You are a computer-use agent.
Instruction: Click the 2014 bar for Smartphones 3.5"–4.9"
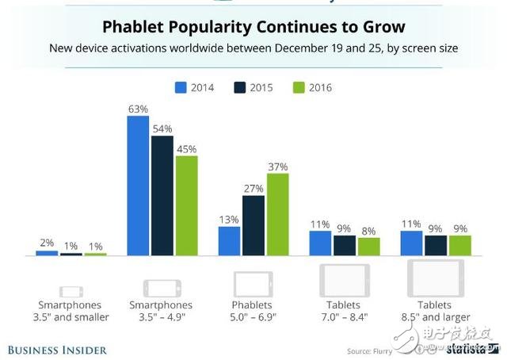pyautogui.click(x=139, y=186)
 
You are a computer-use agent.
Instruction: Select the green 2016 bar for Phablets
pyautogui.click(x=278, y=214)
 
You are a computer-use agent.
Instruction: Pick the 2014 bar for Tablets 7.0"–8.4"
pyautogui.click(x=320, y=243)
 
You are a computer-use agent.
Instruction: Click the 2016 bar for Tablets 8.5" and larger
pyautogui.click(x=459, y=246)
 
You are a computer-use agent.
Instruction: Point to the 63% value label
pyautogui.click(x=139, y=107)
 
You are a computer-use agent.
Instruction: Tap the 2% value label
pyautogui.click(x=47, y=242)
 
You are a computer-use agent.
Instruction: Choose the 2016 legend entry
pyautogui.click(x=312, y=87)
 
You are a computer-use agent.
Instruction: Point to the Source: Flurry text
pyautogui.click(x=370, y=350)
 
